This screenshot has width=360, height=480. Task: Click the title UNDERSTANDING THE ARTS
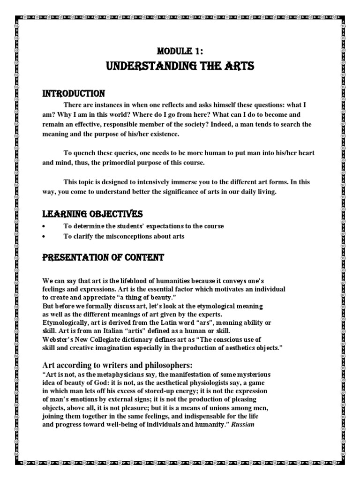click(180, 66)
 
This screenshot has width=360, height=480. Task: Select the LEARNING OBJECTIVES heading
click(92, 214)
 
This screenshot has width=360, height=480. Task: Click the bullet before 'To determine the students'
click(44, 226)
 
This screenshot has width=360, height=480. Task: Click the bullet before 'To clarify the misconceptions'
click(44, 237)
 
